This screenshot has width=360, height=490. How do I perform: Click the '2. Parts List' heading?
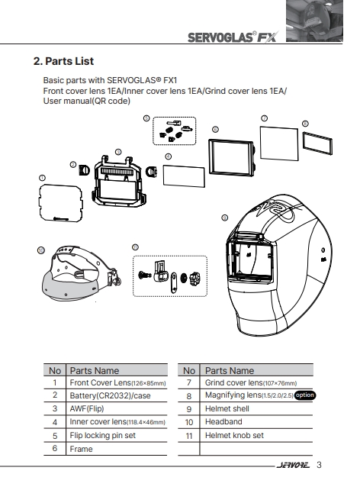pyautogui.click(x=63, y=61)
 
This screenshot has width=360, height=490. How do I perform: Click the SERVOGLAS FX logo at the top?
pyautogui.click(x=233, y=37)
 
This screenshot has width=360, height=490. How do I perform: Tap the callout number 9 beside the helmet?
pyautogui.click(x=224, y=218)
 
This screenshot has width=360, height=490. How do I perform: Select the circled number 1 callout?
pyautogui.click(x=42, y=178)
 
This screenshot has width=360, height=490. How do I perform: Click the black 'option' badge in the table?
pyautogui.click(x=305, y=395)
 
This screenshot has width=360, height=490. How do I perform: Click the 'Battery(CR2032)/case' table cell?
pyautogui.click(x=110, y=395)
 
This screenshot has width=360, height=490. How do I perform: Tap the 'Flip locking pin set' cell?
pyautogui.click(x=102, y=435)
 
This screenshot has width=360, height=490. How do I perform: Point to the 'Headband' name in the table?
pyautogui.click(x=223, y=422)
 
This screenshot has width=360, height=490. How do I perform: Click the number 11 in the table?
pyautogui.click(x=189, y=436)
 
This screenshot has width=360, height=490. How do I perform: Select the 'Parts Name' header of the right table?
pyautogui.click(x=230, y=371)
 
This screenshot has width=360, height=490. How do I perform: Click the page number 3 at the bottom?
pyautogui.click(x=319, y=465)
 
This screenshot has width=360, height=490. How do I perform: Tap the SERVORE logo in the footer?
pyautogui.click(x=293, y=466)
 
